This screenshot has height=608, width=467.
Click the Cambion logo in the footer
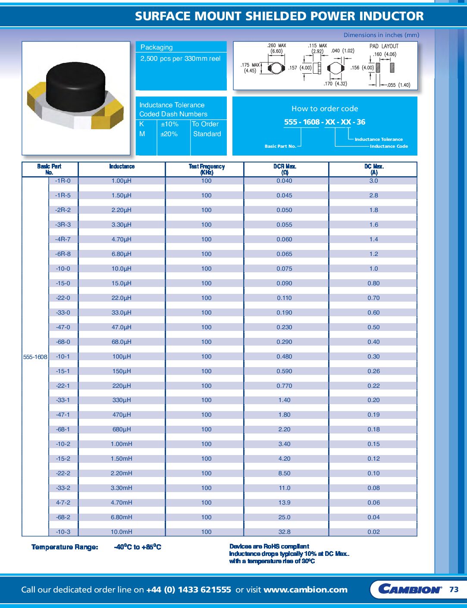coord(410,589)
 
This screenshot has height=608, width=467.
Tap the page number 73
coord(454,589)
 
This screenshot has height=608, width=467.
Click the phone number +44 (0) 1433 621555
coord(188,590)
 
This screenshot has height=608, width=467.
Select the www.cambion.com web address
coord(305,590)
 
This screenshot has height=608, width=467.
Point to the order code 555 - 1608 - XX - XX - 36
coord(325,122)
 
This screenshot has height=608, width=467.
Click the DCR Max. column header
coord(285,169)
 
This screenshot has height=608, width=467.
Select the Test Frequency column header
coord(207,169)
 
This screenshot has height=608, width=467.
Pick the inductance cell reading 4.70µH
coord(122,239)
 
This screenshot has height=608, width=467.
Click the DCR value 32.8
coord(284,532)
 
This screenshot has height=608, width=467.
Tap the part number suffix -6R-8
coord(63,254)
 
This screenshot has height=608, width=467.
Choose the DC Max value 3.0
coord(373,181)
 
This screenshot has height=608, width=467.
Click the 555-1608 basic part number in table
coord(35,357)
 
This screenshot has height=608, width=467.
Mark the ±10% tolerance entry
coord(169,124)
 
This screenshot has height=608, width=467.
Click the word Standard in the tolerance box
coord(207,134)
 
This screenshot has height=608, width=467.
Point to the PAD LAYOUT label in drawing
coord(384,46)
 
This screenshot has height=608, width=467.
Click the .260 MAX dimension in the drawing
coord(276,46)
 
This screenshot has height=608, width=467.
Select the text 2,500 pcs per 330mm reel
coord(180,59)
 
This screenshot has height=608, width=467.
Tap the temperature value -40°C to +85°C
coord(138,547)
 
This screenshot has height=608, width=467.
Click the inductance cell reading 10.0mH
coord(122,532)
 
